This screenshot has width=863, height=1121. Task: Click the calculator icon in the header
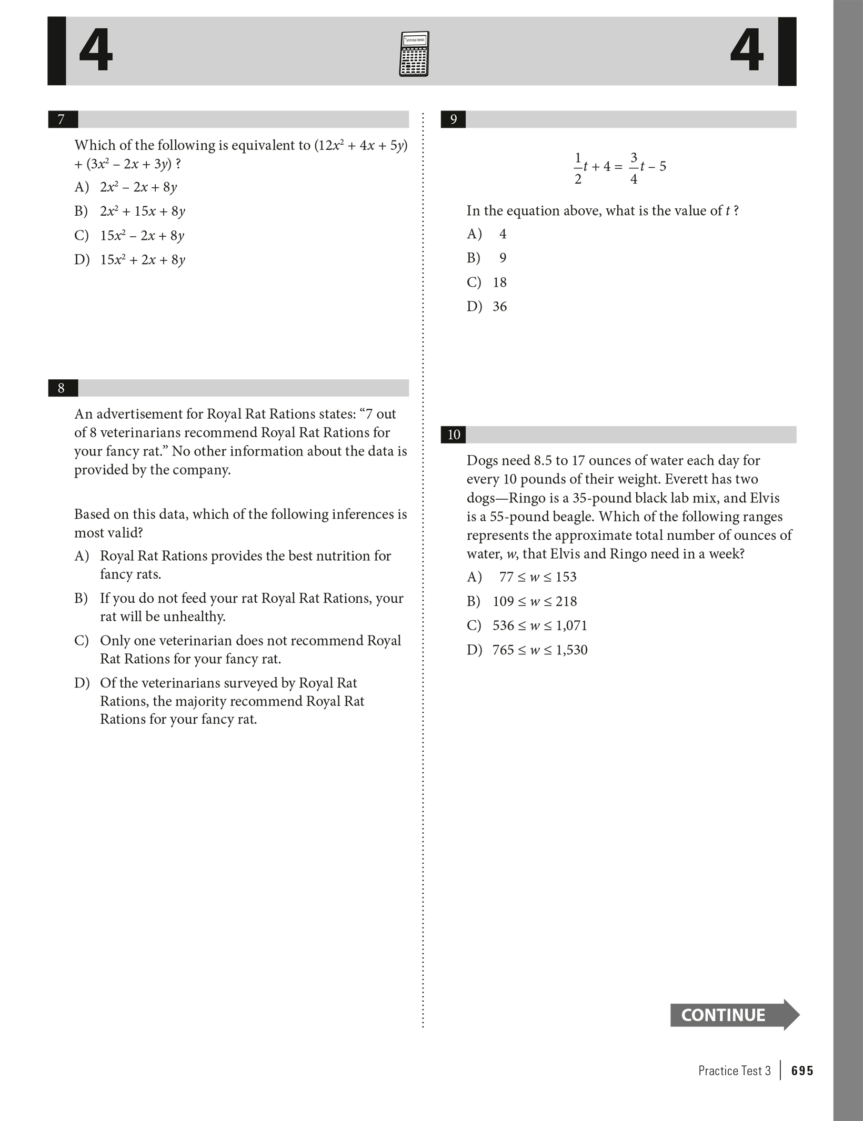click(414, 54)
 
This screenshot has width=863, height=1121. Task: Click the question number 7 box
click(62, 119)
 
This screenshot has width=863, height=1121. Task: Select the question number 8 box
click(62, 388)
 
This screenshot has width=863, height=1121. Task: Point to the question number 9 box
click(454, 119)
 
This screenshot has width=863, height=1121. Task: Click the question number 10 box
click(454, 435)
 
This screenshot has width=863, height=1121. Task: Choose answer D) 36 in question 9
click(487, 307)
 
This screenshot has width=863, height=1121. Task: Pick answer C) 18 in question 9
click(487, 282)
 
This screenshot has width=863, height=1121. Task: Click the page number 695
click(802, 1071)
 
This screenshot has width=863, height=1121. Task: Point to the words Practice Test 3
click(734, 1071)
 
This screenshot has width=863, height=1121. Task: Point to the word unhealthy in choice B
click(194, 617)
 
